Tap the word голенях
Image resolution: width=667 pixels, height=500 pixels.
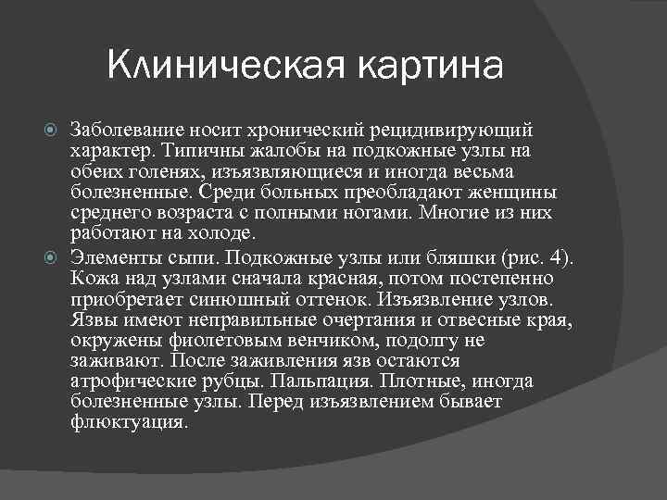149,172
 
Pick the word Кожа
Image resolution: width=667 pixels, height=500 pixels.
91,278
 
